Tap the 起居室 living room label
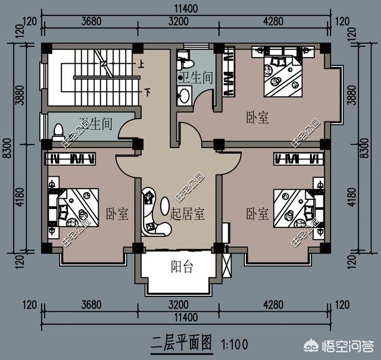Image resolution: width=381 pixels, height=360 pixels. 187,214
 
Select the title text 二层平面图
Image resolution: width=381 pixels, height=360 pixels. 182,343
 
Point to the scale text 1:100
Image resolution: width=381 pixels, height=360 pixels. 234,344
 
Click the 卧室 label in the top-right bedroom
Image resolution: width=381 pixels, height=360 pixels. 258,118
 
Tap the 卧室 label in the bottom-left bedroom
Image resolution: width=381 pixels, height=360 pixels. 117,214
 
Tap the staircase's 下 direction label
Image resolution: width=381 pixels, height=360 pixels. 148,92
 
